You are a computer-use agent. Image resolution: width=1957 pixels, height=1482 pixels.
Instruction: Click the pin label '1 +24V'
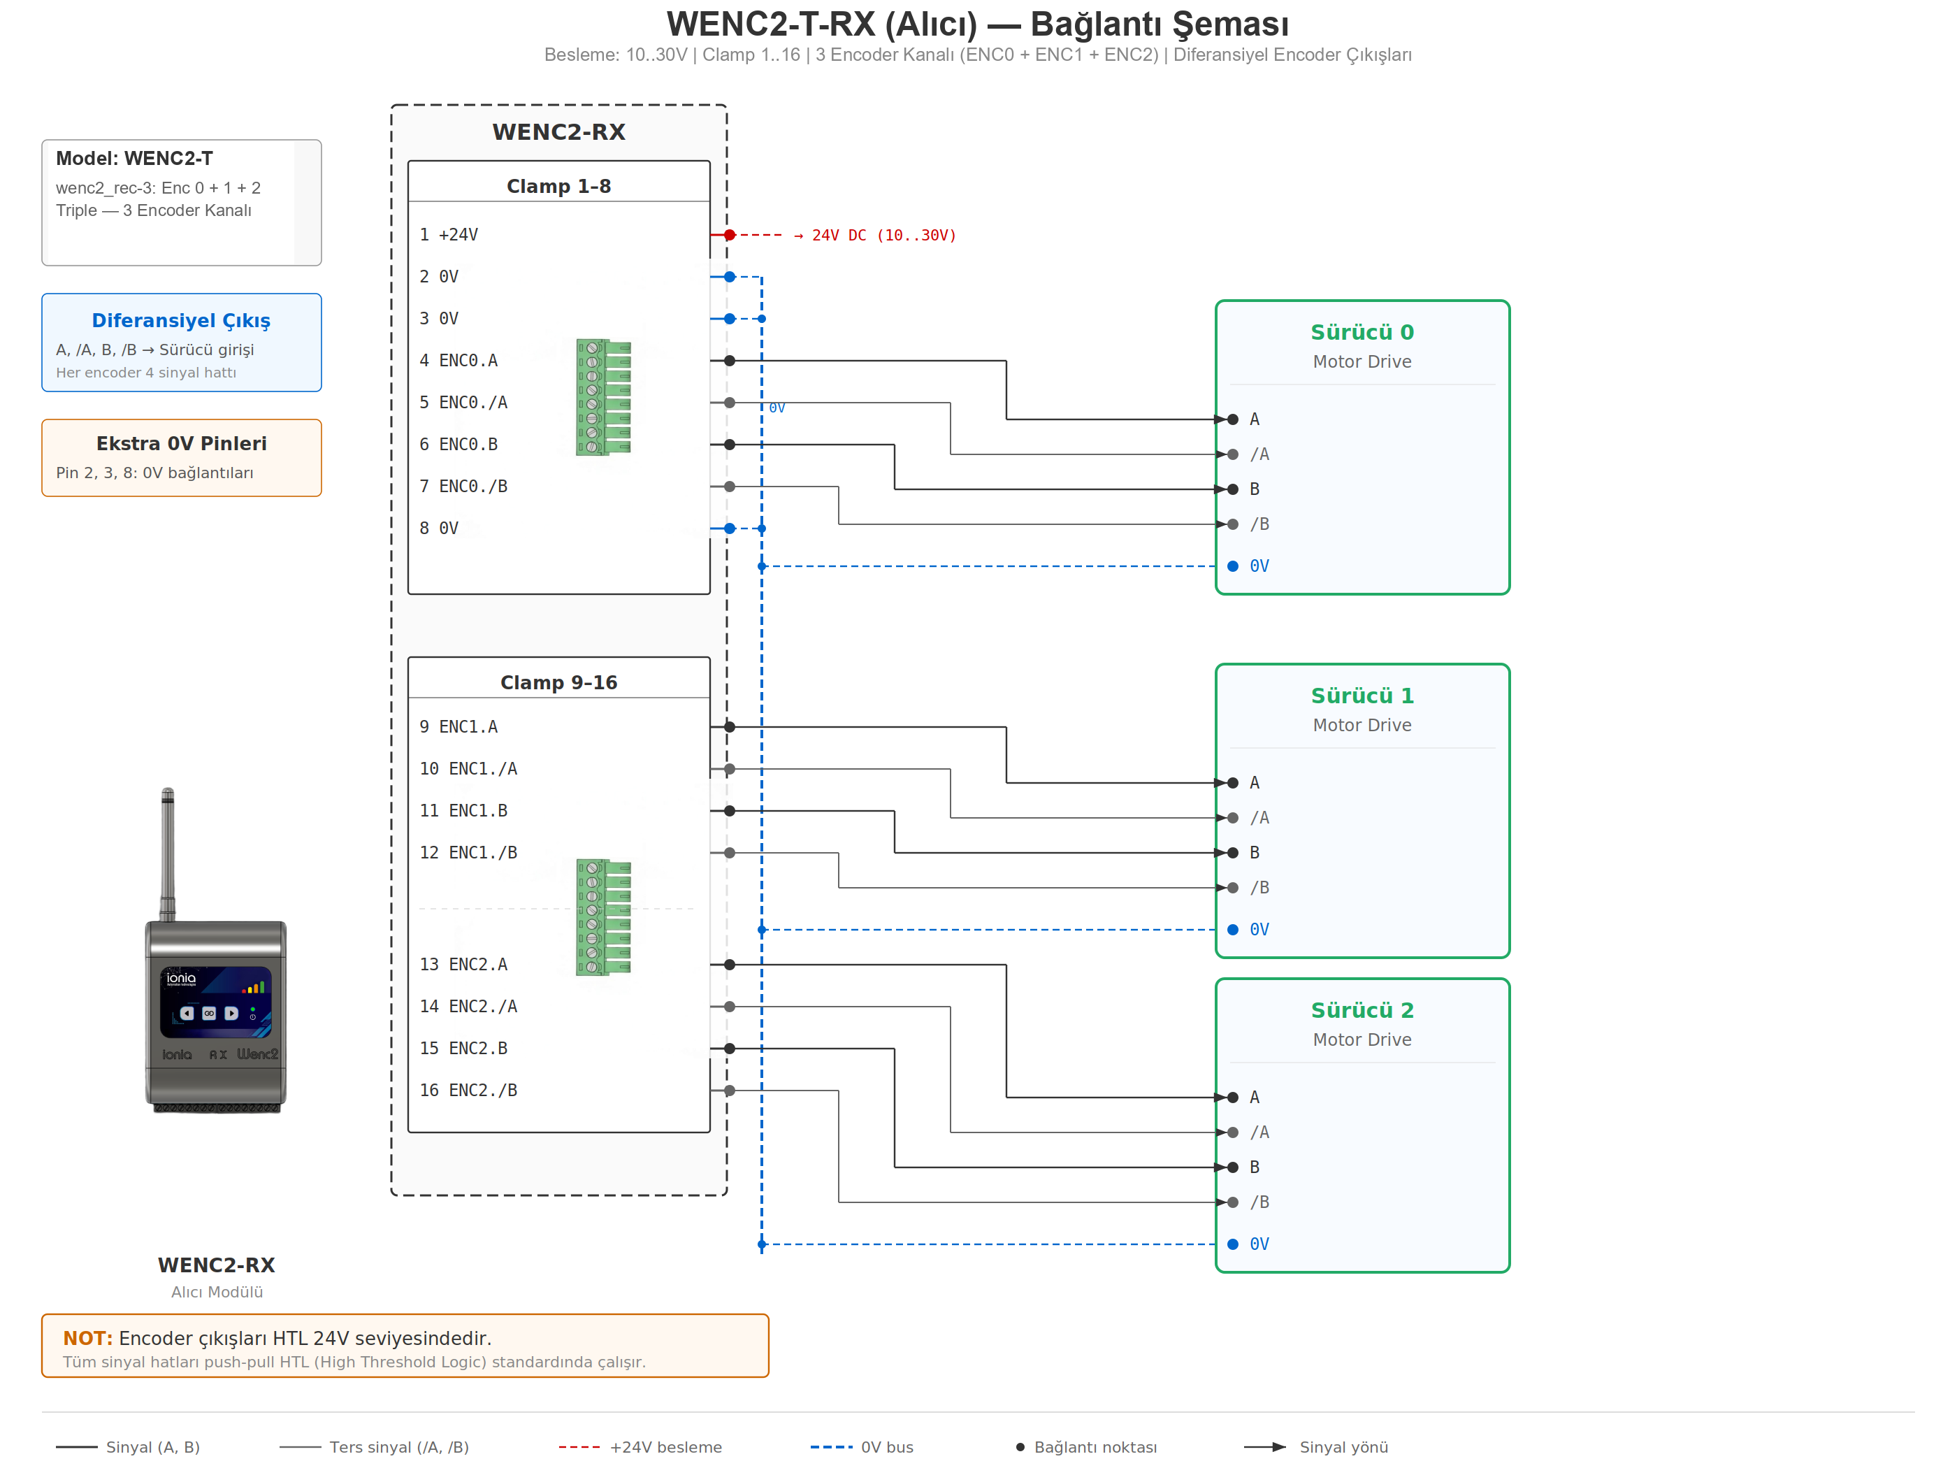click(x=449, y=234)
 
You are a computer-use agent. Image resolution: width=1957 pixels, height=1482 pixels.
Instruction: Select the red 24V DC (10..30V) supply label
click(x=883, y=236)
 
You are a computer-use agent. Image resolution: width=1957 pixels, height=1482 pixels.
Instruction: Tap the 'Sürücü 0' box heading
click(x=1362, y=332)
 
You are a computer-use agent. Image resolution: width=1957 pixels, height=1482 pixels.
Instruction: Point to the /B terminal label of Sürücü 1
click(x=1259, y=887)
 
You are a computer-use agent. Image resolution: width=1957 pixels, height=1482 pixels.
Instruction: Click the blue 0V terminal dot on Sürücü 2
click(x=1232, y=1244)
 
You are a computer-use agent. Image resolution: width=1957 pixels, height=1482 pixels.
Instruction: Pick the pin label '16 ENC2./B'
click(x=468, y=1090)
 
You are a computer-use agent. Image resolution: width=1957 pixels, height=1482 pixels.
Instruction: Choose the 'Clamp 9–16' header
click(x=558, y=682)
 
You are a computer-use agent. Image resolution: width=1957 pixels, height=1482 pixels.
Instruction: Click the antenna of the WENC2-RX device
click(x=167, y=849)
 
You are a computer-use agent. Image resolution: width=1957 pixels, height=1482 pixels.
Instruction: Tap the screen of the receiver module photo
click(x=216, y=1002)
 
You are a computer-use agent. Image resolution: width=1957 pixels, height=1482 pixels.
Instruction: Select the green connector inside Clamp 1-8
click(x=603, y=397)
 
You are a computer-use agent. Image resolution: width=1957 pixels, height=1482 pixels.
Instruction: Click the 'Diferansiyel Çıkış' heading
click(x=180, y=320)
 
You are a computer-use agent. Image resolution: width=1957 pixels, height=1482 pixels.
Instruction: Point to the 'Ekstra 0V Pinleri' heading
click(x=180, y=443)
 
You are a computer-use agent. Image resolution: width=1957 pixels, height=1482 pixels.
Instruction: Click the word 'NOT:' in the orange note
click(x=87, y=1338)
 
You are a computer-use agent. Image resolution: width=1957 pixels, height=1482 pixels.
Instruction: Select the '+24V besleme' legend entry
click(x=665, y=1448)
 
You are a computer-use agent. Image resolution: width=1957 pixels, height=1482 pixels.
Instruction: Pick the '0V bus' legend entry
click(x=886, y=1448)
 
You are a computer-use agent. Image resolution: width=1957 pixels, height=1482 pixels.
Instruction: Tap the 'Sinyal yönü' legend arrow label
click(x=1343, y=1448)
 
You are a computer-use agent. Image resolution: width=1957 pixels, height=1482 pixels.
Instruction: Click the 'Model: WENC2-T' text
click(x=134, y=159)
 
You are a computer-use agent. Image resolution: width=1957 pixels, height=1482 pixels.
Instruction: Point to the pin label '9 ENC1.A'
click(x=458, y=726)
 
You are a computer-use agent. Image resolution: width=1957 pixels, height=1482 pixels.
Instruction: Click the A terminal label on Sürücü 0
click(x=1254, y=419)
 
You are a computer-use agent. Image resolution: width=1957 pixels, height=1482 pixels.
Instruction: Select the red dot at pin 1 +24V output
click(x=729, y=236)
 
